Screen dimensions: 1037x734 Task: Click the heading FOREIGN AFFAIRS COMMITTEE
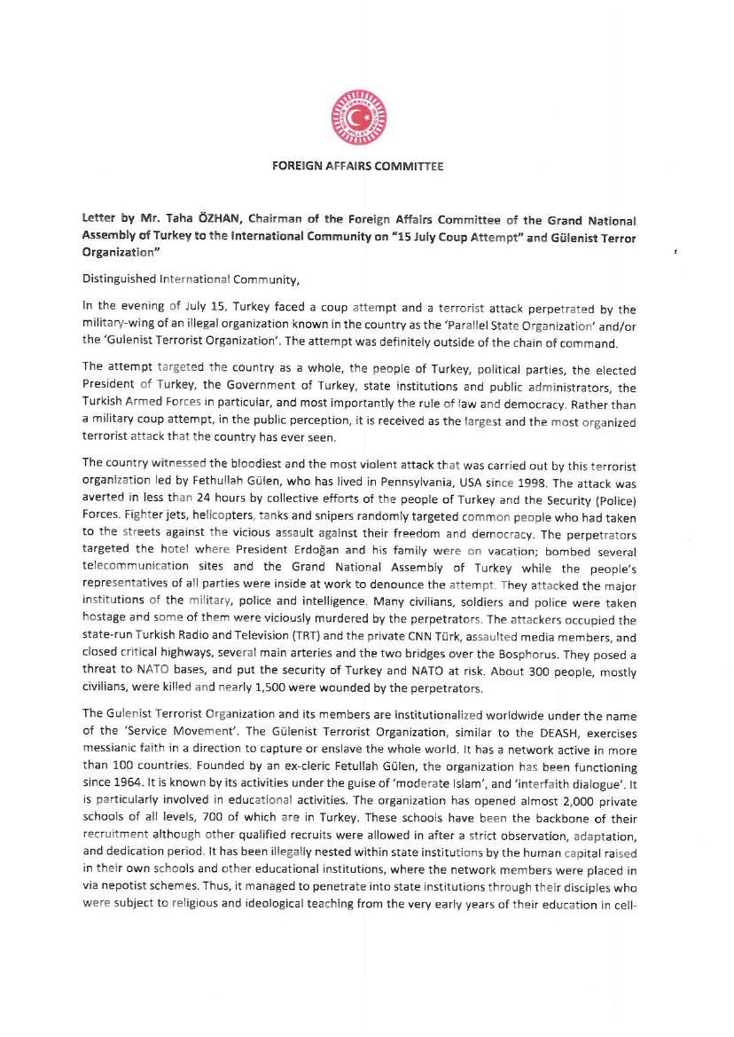(357, 166)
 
